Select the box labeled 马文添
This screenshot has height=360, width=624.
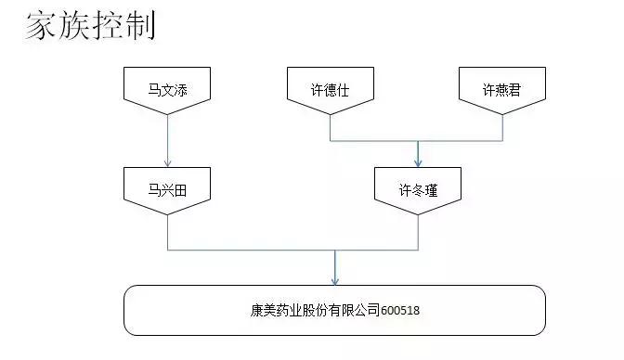tap(168, 89)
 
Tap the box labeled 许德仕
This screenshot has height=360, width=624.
tap(331, 89)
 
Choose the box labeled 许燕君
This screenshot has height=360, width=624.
tap(502, 89)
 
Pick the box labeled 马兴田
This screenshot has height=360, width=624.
tap(168, 189)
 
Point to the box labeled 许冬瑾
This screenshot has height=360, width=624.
tap(418, 189)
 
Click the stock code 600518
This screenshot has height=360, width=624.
tap(400, 311)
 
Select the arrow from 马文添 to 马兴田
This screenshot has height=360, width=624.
tap(168, 139)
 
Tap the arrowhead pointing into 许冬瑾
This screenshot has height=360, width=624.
tap(418, 160)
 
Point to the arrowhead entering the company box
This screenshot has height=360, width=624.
tap(334, 279)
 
